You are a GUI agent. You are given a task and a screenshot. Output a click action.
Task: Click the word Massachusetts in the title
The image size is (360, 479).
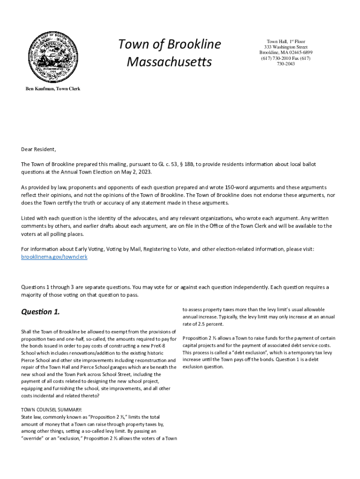169,62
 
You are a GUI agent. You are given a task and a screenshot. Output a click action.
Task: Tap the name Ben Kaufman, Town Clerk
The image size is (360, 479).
52,89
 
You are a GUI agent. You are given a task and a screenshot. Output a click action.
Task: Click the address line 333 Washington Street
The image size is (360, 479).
286,47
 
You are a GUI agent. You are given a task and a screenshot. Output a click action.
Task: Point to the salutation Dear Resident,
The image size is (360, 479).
38,150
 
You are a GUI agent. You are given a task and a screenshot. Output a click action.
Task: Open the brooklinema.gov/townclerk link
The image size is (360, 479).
54,257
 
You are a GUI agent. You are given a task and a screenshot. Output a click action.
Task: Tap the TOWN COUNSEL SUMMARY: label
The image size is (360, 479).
51,410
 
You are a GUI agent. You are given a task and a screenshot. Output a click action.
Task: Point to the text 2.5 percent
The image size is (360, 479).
210,324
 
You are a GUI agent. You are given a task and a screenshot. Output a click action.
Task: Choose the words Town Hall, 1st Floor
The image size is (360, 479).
286,42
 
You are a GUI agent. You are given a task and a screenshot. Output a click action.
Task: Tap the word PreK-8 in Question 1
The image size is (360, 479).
167,346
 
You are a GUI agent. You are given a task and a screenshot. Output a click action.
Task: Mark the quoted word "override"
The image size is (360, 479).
34,438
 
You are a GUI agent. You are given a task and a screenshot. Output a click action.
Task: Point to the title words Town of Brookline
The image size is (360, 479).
169,44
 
